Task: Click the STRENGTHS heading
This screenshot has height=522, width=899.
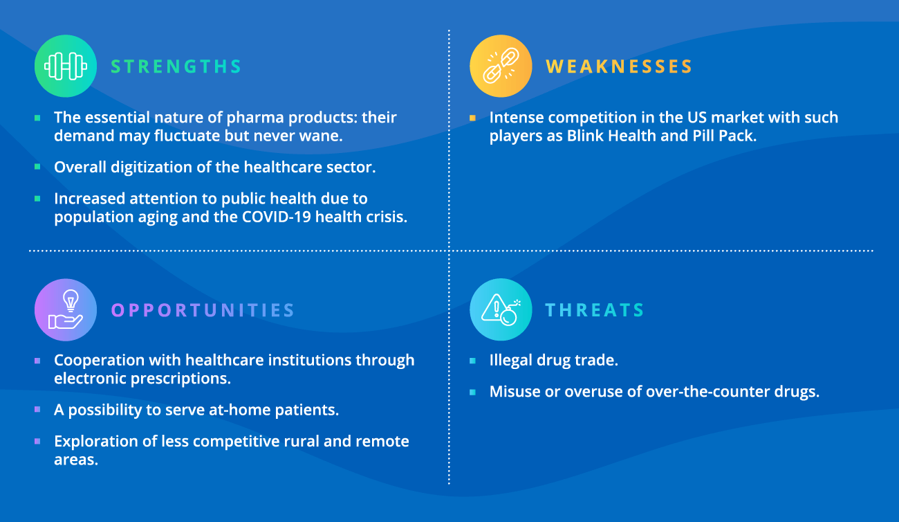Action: tap(176, 66)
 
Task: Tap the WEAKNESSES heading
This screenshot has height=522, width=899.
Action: tap(619, 66)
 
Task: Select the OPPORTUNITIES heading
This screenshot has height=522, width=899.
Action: tap(203, 310)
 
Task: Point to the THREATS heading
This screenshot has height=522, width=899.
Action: tap(595, 310)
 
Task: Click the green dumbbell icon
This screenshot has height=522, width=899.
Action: tap(66, 66)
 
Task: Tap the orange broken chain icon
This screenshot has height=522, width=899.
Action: tap(501, 66)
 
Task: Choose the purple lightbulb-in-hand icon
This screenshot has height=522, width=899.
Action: tap(66, 310)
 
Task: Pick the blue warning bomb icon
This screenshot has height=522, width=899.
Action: tap(501, 310)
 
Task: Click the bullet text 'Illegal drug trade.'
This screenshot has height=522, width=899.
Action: tap(554, 360)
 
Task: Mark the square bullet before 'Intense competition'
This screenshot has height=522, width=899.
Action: tap(472, 118)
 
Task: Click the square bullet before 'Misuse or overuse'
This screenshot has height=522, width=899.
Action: tap(472, 392)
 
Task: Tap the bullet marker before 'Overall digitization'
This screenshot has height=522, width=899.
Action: tap(37, 168)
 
